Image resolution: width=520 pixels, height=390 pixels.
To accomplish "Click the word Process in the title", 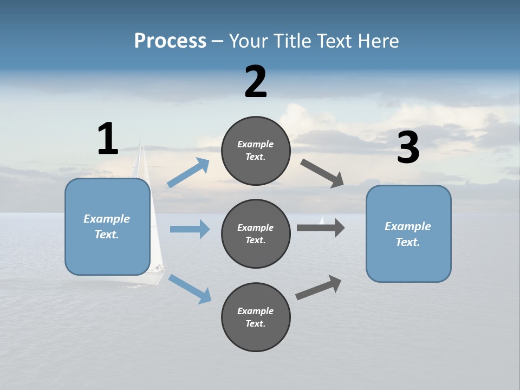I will [170, 41].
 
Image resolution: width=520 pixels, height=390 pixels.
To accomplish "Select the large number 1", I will [108, 139].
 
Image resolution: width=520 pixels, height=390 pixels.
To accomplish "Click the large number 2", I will [256, 82].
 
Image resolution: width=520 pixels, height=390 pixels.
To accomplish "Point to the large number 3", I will [408, 148].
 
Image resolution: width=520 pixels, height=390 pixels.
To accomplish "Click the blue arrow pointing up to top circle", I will [188, 173].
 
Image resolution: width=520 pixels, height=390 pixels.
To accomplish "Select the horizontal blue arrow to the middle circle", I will [190, 229].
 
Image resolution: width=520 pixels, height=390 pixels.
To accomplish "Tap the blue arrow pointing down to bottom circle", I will [190, 289].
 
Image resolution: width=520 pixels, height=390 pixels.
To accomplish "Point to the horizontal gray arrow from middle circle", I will [321, 227].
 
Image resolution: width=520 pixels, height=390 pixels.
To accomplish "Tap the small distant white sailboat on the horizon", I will [322, 220].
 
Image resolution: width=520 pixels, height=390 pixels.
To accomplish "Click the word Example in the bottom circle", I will [255, 311].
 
